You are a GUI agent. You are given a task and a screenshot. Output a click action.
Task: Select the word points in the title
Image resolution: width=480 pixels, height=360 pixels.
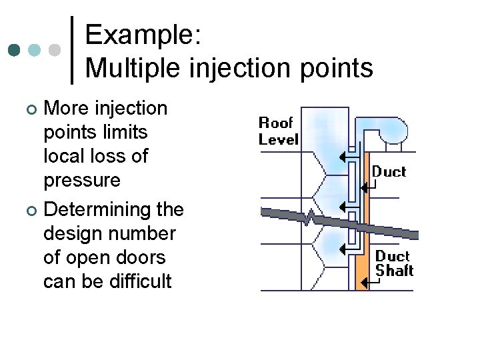(336, 67)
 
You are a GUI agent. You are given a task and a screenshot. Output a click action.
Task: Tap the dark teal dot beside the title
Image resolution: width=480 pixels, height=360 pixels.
(14, 51)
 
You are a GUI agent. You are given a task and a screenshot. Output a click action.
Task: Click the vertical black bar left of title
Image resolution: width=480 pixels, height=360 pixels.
(71, 50)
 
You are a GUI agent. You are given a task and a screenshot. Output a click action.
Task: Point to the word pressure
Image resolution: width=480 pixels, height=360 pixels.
(82, 181)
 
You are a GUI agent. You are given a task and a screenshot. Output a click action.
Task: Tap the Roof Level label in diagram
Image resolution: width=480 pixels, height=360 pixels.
(278, 131)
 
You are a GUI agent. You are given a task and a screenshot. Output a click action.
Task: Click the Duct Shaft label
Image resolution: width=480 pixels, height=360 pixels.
(393, 263)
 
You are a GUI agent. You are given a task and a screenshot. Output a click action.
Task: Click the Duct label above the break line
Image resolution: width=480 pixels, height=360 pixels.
(389, 171)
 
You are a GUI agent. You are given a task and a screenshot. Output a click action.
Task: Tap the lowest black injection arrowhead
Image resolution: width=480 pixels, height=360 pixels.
(344, 250)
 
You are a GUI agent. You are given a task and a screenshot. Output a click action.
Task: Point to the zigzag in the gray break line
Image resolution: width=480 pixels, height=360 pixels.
(309, 217)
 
